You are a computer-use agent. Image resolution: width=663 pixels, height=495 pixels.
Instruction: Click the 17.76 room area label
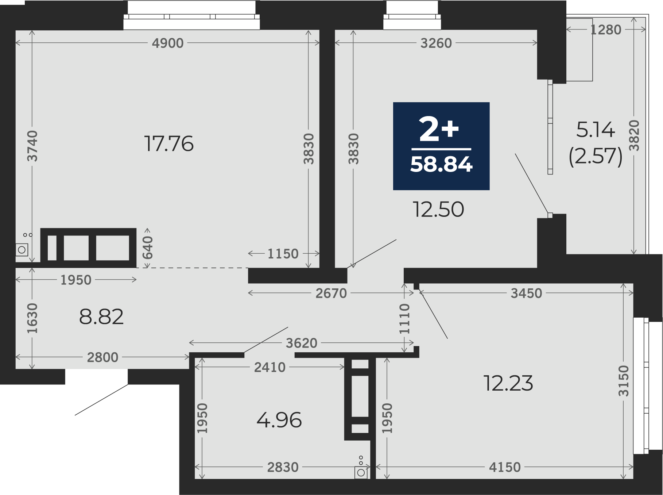(169, 143)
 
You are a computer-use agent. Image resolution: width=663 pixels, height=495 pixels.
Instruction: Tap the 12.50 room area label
(438, 210)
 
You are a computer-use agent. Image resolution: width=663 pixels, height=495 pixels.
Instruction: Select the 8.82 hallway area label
(101, 317)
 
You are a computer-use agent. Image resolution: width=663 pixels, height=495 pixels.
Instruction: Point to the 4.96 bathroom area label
(279, 420)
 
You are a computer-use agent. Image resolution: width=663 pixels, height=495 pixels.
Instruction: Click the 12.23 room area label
(508, 383)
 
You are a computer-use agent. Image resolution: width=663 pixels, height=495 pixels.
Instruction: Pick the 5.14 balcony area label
(596, 130)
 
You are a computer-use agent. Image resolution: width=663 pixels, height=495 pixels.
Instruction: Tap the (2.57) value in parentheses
(596, 156)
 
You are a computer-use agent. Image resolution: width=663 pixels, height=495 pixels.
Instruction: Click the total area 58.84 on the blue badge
(441, 164)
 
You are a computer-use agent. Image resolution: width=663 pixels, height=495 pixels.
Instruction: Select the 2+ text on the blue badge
(439, 129)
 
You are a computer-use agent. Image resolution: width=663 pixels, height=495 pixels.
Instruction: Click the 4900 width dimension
(168, 43)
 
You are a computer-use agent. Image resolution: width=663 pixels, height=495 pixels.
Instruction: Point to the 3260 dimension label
(436, 43)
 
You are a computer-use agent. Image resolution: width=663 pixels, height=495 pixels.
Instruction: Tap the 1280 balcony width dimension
(606, 30)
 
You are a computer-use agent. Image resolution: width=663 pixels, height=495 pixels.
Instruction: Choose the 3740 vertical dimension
(32, 146)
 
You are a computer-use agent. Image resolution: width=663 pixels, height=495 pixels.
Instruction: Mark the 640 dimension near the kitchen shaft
(147, 247)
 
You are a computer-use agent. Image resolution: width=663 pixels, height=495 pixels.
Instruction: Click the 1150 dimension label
(283, 254)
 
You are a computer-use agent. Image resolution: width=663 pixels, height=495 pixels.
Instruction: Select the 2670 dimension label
(331, 293)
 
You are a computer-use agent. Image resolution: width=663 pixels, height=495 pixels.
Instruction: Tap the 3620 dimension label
(302, 343)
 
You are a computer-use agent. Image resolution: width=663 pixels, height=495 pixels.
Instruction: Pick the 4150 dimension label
(505, 467)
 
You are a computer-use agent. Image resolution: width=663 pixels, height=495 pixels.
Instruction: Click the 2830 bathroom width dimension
(283, 467)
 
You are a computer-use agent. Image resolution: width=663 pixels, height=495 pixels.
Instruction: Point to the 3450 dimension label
(526, 293)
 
